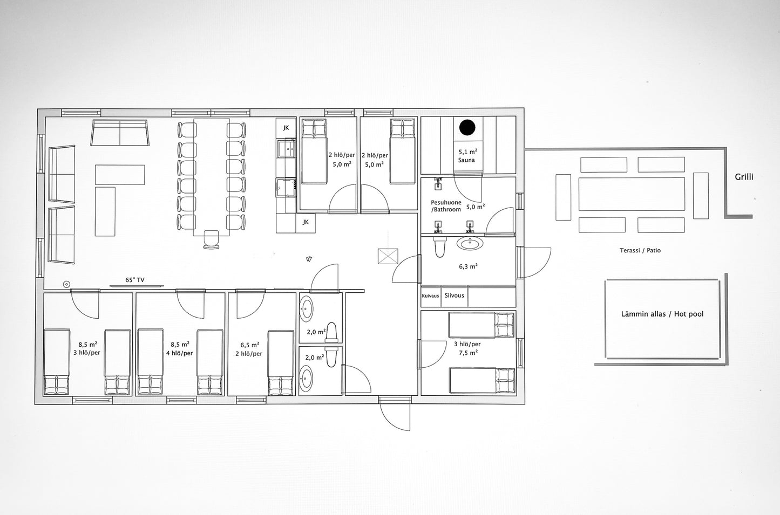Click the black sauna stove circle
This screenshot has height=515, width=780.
pos(467,128)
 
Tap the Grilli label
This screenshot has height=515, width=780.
pos(744,177)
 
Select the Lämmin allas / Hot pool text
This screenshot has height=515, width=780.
pos(662,314)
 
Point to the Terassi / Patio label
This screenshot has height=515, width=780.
pos(640,250)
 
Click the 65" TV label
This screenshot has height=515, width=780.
pos(135,280)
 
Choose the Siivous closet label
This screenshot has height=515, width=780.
pos(454,296)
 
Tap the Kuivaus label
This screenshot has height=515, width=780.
pos(430,296)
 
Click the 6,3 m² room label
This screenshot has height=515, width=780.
pos(468,266)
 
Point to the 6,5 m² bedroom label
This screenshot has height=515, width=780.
pos(250,345)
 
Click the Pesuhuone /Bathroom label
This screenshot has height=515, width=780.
pos(446,206)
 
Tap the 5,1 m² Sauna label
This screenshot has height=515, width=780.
pos(467,156)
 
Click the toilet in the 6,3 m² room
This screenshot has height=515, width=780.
pos(440,246)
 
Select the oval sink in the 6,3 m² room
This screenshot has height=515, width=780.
pos(470,243)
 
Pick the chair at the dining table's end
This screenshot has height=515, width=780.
pos(212,239)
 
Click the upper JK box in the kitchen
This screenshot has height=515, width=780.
pos(286,128)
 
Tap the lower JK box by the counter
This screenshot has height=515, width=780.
pos(306,222)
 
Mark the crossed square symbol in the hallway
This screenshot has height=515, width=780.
pos(388,257)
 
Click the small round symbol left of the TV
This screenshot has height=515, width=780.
pos(66,284)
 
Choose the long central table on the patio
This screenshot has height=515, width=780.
pos(632,194)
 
